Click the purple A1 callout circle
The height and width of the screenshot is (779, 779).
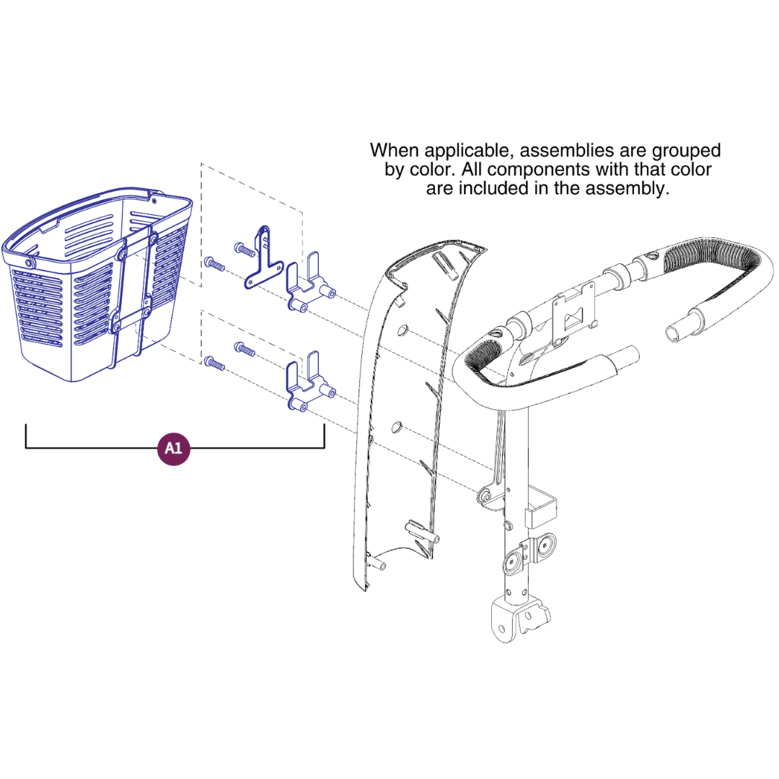click(x=173, y=449)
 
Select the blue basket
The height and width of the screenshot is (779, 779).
click(x=97, y=284)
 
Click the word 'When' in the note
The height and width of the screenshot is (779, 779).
click(x=394, y=150)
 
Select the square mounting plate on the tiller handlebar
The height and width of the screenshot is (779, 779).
click(x=574, y=312)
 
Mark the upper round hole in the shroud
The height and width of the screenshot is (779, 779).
click(x=403, y=330)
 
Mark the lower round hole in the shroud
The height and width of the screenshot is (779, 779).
click(x=396, y=427)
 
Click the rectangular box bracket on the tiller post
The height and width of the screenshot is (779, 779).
click(x=540, y=507)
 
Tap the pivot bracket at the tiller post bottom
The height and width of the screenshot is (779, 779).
click(x=519, y=621)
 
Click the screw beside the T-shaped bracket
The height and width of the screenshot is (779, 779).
click(x=245, y=250)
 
